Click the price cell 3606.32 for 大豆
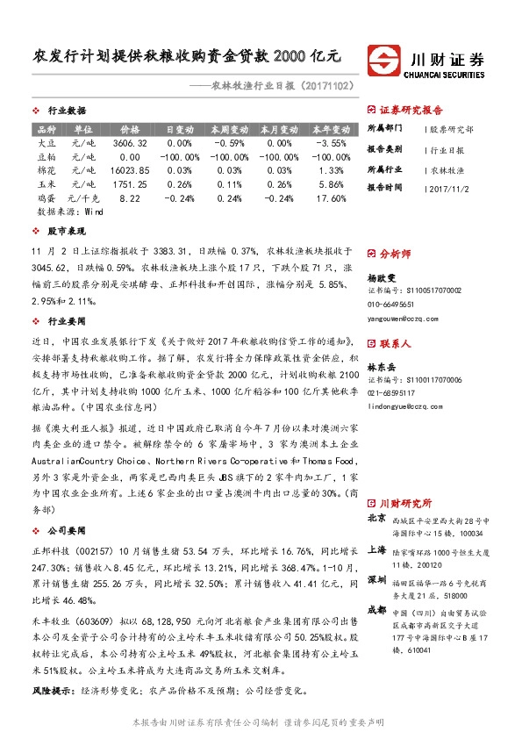[x=130, y=142]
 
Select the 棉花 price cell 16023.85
[x=130, y=169]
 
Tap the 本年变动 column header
[x=332, y=128]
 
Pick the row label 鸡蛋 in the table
[x=47, y=198]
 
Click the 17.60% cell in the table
[x=332, y=198]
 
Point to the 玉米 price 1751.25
[x=130, y=184]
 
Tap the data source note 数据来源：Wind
[x=70, y=212]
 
